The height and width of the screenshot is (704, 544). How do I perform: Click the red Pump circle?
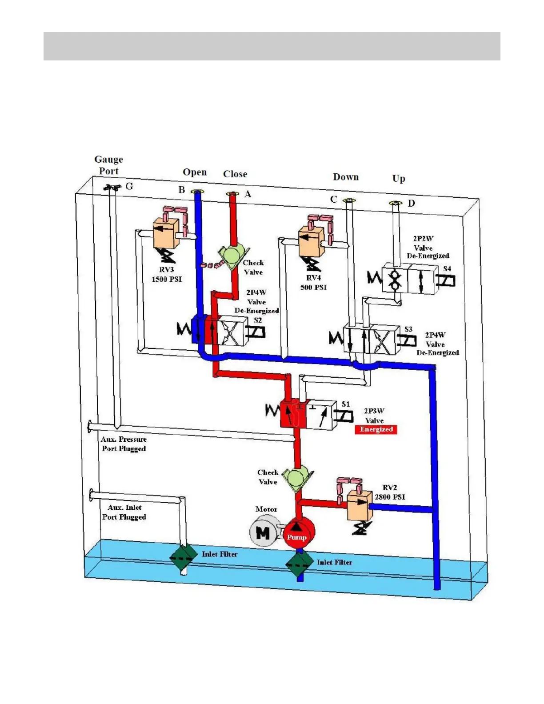(299, 533)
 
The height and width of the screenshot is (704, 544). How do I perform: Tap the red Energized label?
(376, 429)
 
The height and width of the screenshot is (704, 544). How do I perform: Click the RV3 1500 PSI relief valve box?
(166, 234)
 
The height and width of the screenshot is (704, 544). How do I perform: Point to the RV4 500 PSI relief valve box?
(312, 242)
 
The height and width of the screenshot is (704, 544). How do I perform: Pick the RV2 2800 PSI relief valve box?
(359, 505)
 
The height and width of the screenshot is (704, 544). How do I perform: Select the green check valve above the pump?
(295, 479)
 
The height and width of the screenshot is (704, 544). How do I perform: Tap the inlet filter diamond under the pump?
(299, 563)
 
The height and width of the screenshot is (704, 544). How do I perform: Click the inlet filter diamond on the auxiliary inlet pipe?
(183, 556)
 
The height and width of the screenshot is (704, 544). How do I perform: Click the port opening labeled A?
(232, 194)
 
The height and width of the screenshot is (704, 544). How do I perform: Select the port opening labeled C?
(350, 200)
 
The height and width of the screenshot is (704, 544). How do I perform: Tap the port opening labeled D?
(395, 203)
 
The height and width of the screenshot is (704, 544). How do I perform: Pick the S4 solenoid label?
(447, 268)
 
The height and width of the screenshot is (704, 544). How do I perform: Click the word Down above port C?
(346, 177)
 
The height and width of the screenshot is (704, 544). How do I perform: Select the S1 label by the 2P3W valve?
(345, 404)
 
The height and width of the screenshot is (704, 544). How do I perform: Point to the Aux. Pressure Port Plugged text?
(124, 444)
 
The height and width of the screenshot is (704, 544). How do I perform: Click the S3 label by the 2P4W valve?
(408, 329)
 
